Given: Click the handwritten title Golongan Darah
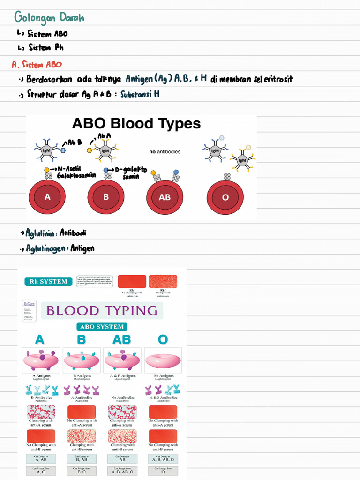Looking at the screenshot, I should coord(49,18).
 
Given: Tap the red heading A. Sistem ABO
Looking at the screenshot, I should coord(37,64).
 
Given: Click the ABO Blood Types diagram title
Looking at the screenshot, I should coord(136,124).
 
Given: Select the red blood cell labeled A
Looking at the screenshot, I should coord(47,197).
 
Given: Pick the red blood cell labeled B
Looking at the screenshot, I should coord(106,197).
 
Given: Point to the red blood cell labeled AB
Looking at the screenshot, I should coord(165,197).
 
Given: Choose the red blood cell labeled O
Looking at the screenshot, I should coord(225,197).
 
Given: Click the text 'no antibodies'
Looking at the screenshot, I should coord(165,152).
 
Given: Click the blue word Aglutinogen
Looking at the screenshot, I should coord(45,248).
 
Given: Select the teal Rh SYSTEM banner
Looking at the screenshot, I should coord(48,282).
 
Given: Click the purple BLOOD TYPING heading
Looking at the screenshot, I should coord(102,311).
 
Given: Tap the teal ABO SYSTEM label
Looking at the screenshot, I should coord(102,327).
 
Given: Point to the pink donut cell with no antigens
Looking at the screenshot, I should coord(163,360).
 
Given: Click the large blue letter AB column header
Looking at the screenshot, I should coord(122,339).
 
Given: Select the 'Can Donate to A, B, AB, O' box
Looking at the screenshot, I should coord(163,458).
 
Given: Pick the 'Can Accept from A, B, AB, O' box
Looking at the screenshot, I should coord(122,470).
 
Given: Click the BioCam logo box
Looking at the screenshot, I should coord(30,311).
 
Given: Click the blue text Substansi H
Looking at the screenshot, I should coord(140,94).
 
